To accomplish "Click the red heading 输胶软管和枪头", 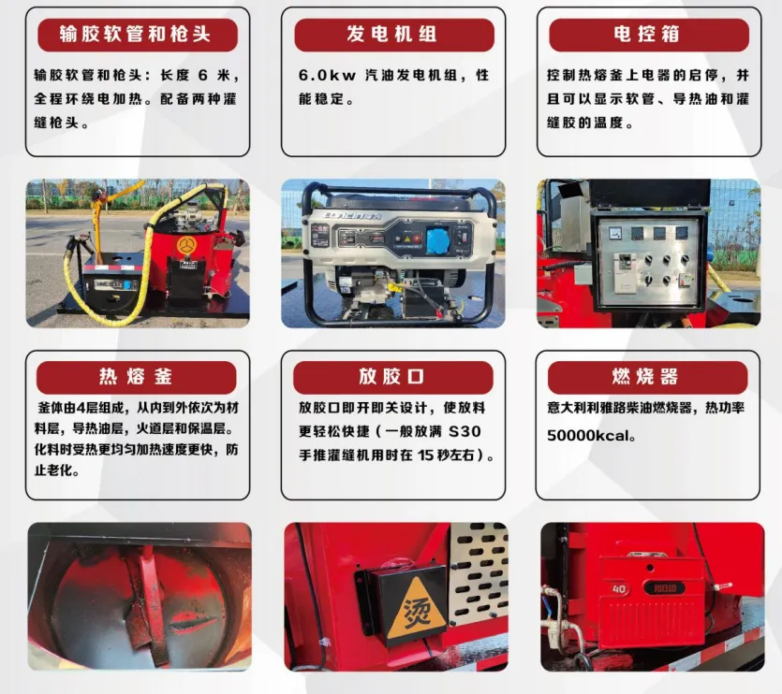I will [x=137, y=36].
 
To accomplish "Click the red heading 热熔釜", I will [x=137, y=377].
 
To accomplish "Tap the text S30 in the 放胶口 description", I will [x=465, y=433].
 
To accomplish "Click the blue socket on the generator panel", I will [x=438, y=240].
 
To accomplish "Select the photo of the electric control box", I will [x=648, y=253].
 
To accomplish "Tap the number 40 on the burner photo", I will [x=618, y=589].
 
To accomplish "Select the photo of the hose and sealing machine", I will [x=137, y=253].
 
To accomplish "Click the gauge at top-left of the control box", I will [x=615, y=231].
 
